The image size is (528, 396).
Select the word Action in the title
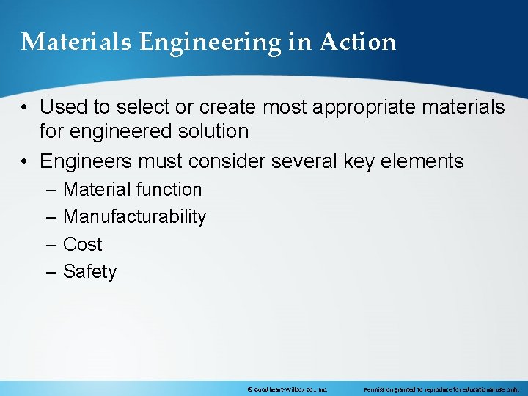[357, 42]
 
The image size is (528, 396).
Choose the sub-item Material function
[132, 189]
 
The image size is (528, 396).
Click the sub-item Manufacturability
[134, 217]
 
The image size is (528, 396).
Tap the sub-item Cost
[82, 244]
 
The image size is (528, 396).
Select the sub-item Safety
[89, 272]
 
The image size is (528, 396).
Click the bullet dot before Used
[25, 108]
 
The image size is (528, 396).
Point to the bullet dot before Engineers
[25, 161]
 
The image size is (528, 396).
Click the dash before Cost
[50, 244]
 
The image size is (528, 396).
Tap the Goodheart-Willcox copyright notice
[287, 389]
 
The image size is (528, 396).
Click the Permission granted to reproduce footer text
[441, 389]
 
